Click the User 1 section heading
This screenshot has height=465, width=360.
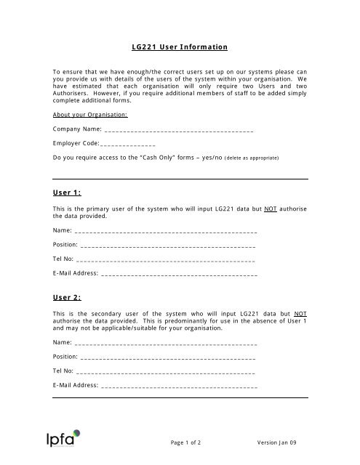67,192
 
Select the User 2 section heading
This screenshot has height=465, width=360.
67,297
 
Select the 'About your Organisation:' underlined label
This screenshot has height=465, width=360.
91,115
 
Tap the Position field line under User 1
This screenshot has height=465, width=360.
168,246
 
